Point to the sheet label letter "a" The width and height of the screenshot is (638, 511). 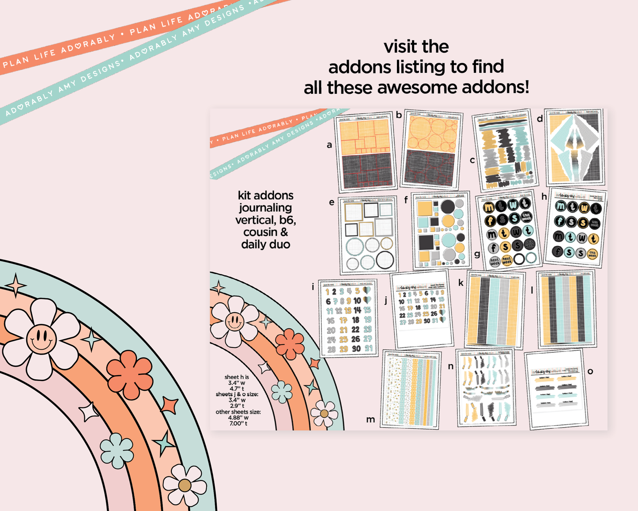[x=329, y=145]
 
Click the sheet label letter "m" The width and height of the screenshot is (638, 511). [x=370, y=419]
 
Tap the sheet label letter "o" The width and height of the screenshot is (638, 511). [x=590, y=371]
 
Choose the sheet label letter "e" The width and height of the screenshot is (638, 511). [x=332, y=202]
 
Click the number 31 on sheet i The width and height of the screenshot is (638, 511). [x=368, y=348]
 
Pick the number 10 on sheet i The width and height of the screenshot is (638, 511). [x=357, y=301]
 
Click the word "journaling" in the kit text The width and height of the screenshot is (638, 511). [x=265, y=208]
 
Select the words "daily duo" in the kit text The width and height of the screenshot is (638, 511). [x=265, y=244]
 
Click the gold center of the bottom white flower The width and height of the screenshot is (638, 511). [x=185, y=485]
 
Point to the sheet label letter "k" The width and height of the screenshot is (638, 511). [x=461, y=283]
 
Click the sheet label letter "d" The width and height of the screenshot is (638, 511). [x=540, y=118]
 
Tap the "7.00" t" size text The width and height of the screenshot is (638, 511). [x=238, y=423]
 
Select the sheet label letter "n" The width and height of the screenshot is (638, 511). [x=450, y=366]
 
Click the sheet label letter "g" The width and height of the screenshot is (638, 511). [x=477, y=254]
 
